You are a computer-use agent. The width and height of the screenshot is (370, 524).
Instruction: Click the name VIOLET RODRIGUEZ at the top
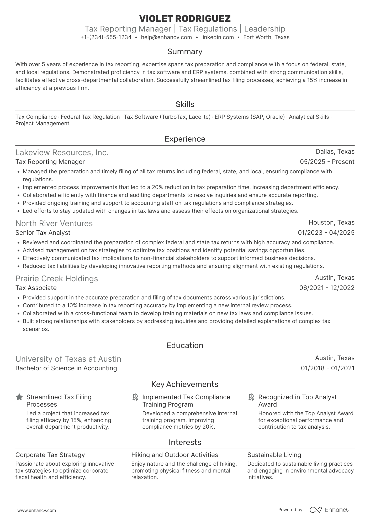(185, 19)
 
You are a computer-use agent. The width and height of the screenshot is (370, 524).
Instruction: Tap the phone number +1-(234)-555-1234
(106, 37)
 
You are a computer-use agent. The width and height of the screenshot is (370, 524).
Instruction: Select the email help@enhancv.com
(166, 37)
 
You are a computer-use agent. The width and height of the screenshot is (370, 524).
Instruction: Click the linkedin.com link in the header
(218, 37)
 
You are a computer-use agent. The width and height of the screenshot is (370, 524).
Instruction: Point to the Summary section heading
(185, 51)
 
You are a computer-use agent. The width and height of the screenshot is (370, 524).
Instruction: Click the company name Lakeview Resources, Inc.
(62, 153)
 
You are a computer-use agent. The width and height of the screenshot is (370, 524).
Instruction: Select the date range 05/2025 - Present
(327, 162)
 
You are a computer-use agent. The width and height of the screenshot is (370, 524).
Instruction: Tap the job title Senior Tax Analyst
(43, 233)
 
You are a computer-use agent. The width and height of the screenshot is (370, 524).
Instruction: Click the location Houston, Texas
(331, 222)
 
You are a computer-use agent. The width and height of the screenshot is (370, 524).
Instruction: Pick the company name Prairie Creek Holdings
(57, 279)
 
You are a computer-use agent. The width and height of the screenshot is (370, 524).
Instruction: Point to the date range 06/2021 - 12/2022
(327, 288)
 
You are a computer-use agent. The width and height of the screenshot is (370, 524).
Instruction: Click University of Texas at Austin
(68, 359)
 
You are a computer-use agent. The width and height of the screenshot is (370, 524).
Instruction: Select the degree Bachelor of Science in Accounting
(66, 368)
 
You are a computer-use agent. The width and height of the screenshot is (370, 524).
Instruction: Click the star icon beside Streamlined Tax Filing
(19, 397)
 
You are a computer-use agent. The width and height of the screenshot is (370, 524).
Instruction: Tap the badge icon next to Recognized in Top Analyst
(251, 397)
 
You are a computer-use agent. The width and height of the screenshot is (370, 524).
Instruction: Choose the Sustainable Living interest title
(274, 455)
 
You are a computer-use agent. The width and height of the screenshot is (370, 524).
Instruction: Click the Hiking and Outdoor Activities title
(175, 455)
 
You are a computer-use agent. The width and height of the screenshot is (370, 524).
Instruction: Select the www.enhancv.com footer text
(37, 510)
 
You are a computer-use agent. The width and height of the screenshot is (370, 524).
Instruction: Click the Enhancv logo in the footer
(330, 510)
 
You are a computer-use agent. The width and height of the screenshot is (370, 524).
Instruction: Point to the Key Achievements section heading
(185, 384)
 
